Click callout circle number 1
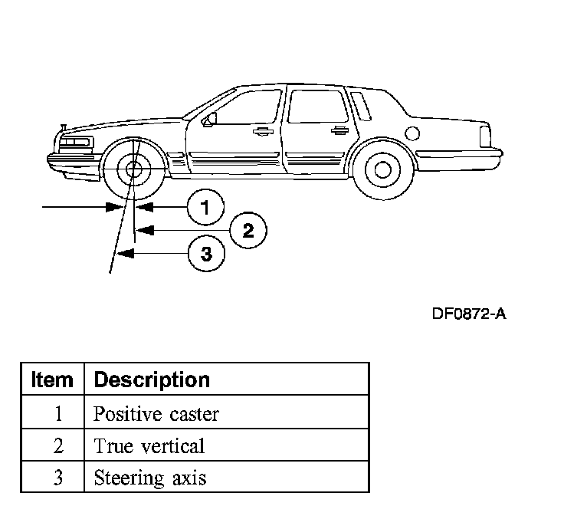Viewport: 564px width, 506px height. (205, 206)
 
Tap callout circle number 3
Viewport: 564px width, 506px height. (206, 253)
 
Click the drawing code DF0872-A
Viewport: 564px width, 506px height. (468, 314)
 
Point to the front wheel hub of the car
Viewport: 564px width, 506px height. (134, 170)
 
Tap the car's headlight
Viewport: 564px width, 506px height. (77, 143)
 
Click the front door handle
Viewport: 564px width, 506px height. (263, 131)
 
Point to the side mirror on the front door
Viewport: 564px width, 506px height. (208, 119)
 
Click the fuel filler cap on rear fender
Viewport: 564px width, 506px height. (412, 133)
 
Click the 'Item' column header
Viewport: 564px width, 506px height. (52, 379)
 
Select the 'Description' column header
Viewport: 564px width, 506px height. (151, 379)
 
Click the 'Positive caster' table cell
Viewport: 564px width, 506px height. (156, 414)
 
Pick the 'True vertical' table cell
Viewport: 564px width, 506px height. (149, 445)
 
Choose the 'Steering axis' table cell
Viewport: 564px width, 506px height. (149, 478)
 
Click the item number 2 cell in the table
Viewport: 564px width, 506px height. (57, 445)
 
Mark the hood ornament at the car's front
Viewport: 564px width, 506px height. (64, 126)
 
